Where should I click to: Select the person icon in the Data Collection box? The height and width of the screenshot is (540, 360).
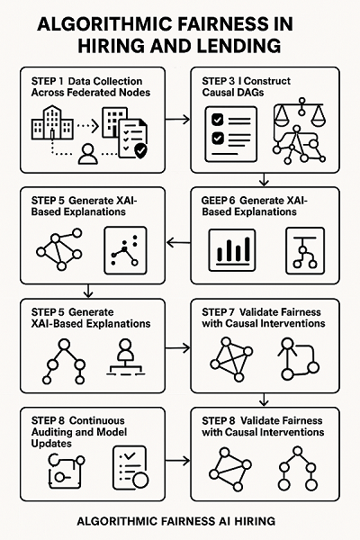click(x=87, y=156)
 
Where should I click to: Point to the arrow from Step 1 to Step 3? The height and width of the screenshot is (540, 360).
click(x=179, y=118)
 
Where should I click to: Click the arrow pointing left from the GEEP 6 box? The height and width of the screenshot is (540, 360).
click(x=179, y=241)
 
